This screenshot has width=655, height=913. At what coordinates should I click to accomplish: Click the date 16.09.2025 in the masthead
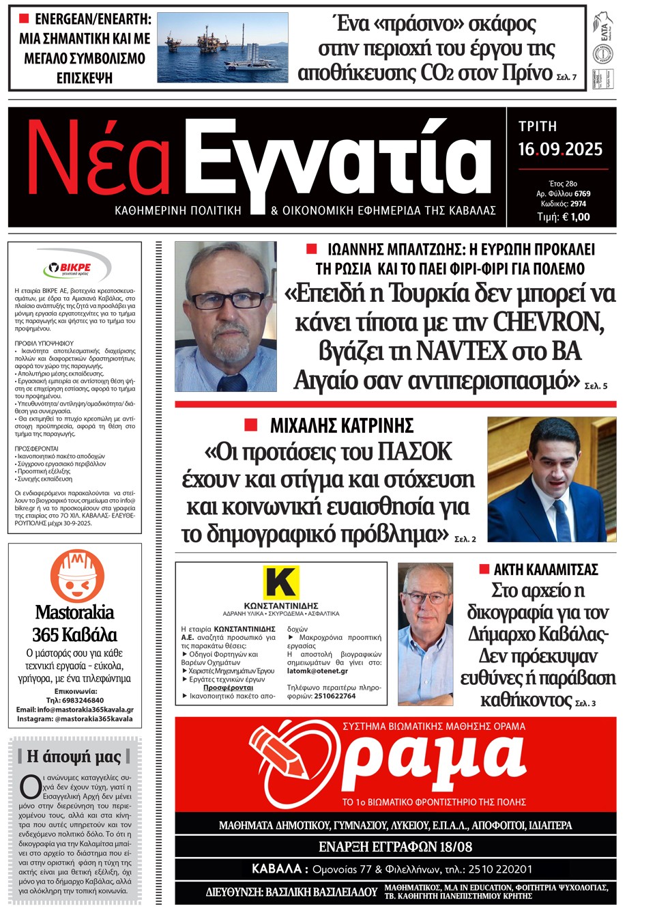pyautogui.click(x=560, y=149)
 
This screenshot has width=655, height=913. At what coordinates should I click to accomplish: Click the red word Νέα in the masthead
pyautogui.click(x=98, y=160)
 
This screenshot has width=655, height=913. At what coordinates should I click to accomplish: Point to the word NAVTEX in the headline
pyautogui.click(x=461, y=351)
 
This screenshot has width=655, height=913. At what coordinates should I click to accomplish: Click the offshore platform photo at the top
pyautogui.click(x=222, y=47)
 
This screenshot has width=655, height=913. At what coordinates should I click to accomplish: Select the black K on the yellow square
pyautogui.click(x=281, y=582)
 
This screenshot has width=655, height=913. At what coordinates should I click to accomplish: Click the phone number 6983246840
pyautogui.click(x=75, y=700)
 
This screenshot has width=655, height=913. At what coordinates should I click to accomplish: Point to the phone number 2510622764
pyautogui.click(x=334, y=696)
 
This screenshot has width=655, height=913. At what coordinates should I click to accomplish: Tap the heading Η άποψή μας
pyautogui.click(x=74, y=756)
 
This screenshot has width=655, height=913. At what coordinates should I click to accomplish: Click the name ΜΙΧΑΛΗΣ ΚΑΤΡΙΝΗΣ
pyautogui.click(x=341, y=426)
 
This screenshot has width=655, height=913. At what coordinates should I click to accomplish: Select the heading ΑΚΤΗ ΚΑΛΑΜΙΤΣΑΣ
pyautogui.click(x=545, y=570)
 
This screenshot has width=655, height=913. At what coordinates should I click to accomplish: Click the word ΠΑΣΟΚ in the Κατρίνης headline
pyautogui.click(x=414, y=452)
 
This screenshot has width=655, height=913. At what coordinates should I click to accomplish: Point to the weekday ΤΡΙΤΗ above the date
pyautogui.click(x=538, y=126)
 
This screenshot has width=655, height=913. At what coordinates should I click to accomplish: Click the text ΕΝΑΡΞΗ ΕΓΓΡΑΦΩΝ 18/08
pyautogui.click(x=395, y=847)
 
